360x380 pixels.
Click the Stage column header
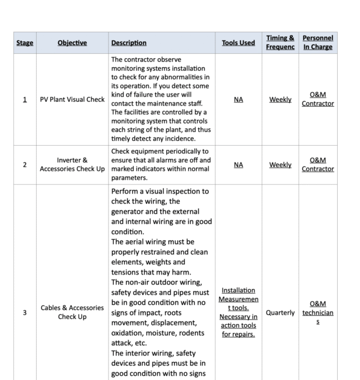click(x=25, y=43)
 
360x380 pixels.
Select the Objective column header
click(x=72, y=43)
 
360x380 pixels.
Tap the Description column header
click(x=128, y=43)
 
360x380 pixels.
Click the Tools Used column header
click(x=238, y=43)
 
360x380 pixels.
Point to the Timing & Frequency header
click(x=280, y=43)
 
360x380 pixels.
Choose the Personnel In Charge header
click(x=318, y=43)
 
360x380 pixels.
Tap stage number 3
click(x=25, y=312)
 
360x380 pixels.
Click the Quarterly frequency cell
click(x=280, y=312)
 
